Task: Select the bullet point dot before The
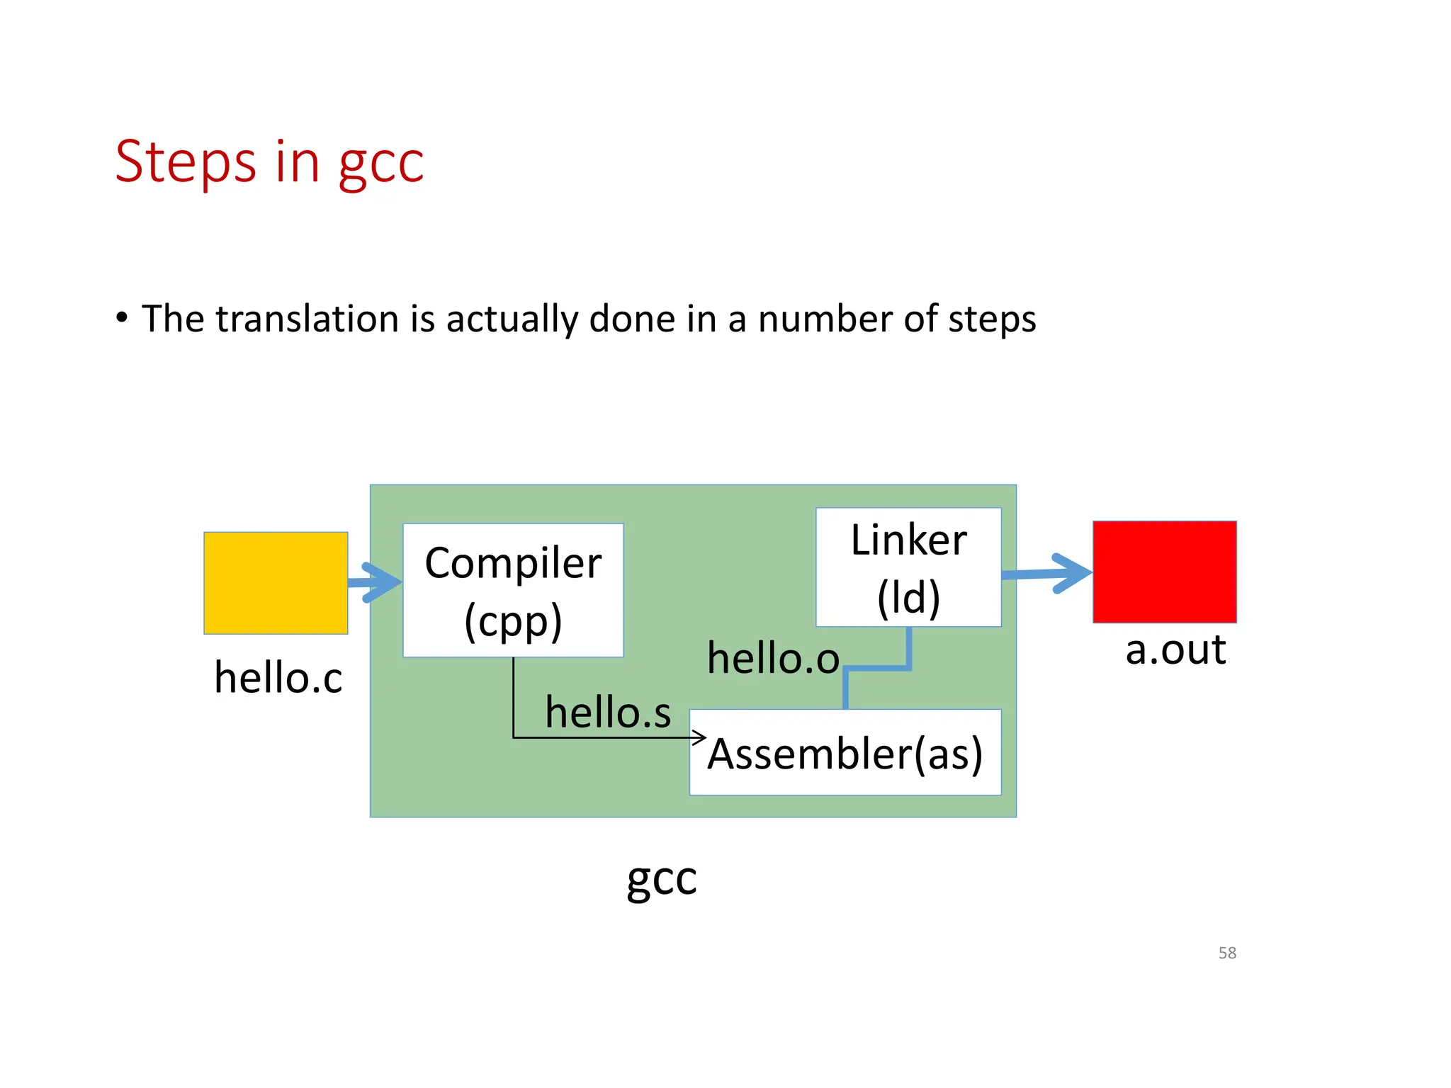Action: [x=123, y=318]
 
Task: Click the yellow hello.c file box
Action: [x=276, y=582]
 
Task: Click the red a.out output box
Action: [x=1164, y=572]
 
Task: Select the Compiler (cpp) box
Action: [x=513, y=590]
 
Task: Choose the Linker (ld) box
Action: [x=908, y=567]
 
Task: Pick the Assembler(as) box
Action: [x=845, y=753]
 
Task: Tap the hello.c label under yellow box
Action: [x=278, y=678]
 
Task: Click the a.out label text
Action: [x=1175, y=650]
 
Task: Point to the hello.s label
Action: [x=608, y=712]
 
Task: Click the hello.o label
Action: [x=773, y=658]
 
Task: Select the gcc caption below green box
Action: [x=662, y=879]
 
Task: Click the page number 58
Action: [x=1227, y=953]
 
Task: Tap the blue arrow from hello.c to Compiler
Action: [x=376, y=582]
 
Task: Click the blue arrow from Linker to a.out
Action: [x=1049, y=573]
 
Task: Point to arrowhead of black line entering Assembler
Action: [x=700, y=738]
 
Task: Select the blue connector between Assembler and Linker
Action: [x=877, y=668]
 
